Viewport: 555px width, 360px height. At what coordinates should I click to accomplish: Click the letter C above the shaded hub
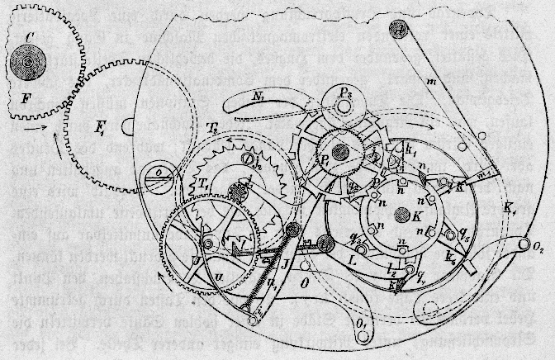[x=29, y=36]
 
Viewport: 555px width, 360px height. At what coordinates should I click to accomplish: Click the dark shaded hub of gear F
[x=29, y=61]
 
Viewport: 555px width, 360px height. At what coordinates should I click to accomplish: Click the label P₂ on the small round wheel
[x=346, y=113]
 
